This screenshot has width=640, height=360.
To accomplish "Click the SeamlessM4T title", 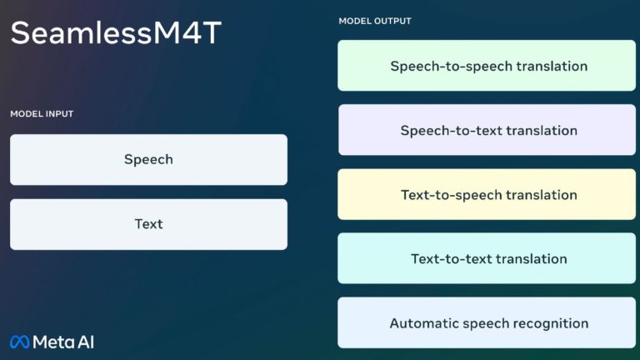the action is click(x=116, y=32).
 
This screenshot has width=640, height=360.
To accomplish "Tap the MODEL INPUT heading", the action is click(x=42, y=114).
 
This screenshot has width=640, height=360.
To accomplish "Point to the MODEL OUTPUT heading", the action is click(x=375, y=21).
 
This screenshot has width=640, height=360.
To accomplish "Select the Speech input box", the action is click(x=148, y=160).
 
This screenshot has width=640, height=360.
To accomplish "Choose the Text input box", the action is click(x=148, y=224).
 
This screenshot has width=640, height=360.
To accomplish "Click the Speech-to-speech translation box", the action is click(x=487, y=65).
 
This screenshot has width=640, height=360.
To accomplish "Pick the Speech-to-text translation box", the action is click(x=487, y=130).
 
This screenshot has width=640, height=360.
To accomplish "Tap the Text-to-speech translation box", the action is click(x=487, y=194).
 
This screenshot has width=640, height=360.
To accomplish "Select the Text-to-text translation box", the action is click(x=487, y=258).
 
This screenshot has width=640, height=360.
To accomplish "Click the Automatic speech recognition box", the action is click(x=487, y=322).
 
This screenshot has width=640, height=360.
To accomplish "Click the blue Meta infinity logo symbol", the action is click(x=20, y=342).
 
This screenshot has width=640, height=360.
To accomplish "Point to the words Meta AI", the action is click(x=63, y=342).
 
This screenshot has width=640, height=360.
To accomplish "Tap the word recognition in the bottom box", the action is click(x=551, y=324).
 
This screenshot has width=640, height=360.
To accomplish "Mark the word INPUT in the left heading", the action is click(x=60, y=114).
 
